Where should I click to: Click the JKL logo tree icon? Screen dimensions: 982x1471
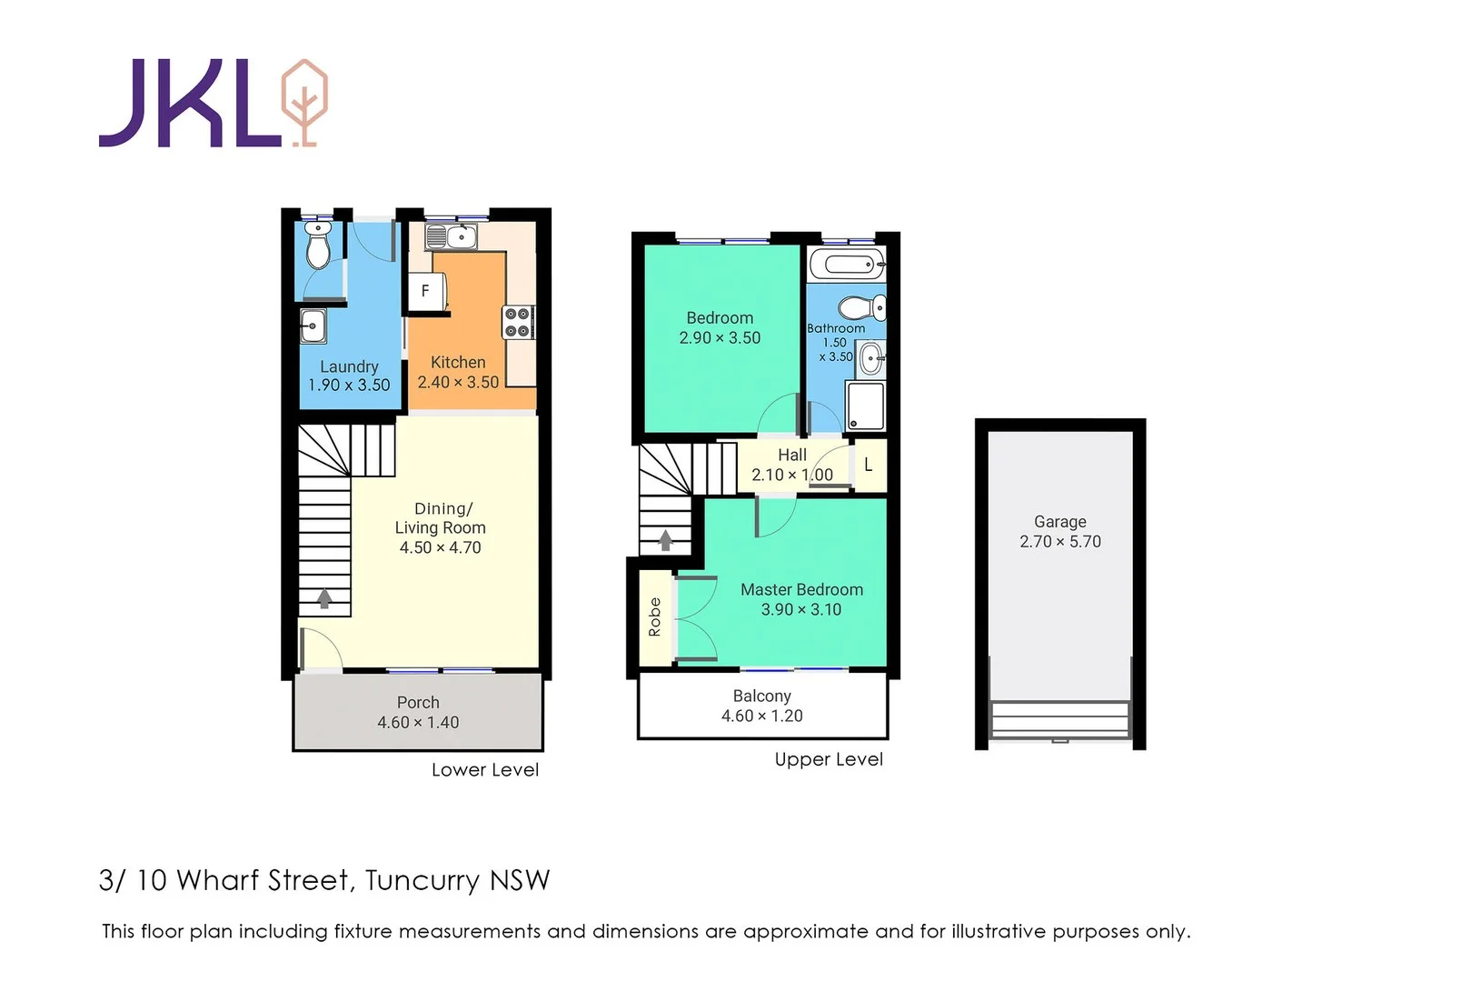[304, 102]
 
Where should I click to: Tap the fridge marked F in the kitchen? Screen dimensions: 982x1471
[425, 291]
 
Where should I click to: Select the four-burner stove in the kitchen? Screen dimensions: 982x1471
[518, 322]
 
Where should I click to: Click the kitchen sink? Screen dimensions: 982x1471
[451, 237]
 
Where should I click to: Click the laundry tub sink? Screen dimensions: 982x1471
[313, 326]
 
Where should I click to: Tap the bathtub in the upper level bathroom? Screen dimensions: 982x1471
[846, 266]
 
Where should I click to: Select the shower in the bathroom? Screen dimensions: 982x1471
[864, 406]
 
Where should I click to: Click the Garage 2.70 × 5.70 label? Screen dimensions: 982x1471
[1059, 532]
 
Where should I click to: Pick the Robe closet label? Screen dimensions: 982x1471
[654, 616]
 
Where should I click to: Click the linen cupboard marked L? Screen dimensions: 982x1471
[869, 465]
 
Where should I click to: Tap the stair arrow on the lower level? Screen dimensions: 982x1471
[324, 598]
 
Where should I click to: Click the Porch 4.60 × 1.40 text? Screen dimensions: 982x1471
[418, 713]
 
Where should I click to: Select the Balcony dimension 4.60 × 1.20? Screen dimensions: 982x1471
[761, 716]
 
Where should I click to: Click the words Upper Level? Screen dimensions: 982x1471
[828, 759]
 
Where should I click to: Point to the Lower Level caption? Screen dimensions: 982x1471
[484, 770]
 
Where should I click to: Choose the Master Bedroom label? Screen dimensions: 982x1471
[801, 590]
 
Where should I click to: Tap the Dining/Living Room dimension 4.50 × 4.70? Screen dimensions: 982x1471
[440, 547]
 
